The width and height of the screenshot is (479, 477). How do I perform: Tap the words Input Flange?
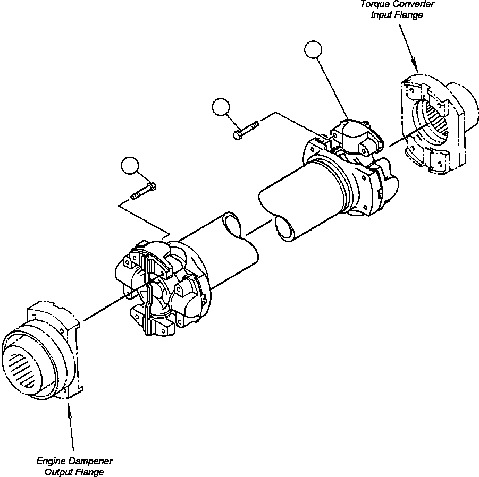(x=397, y=15)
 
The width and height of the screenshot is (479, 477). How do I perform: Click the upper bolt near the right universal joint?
(x=245, y=129)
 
